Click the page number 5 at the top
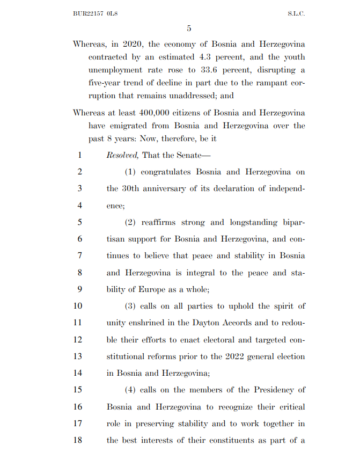[x=189, y=28]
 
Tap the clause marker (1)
[x=131, y=172]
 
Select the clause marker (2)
[x=131, y=222]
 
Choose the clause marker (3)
[x=131, y=306]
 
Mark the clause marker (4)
[x=131, y=390]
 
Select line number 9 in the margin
[x=79, y=289]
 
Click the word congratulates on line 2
[x=169, y=172]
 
